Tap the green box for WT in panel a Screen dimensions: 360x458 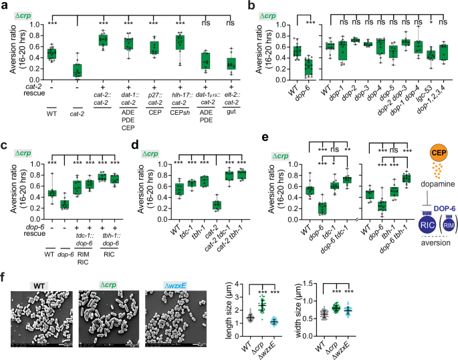[x=31, y=53]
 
